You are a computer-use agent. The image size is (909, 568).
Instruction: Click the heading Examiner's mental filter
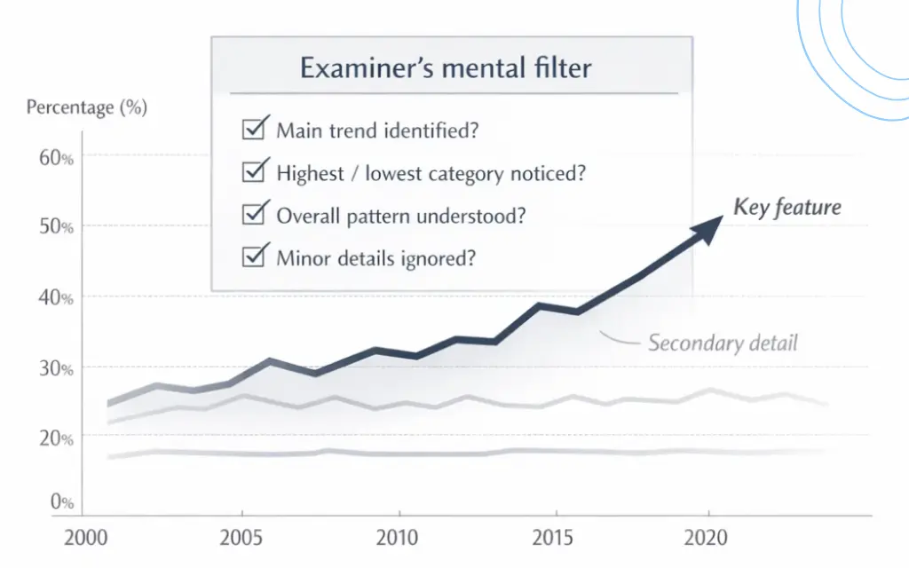446,67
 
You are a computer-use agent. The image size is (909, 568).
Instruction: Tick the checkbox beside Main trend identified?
253,130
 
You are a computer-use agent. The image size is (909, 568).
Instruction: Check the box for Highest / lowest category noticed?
253,171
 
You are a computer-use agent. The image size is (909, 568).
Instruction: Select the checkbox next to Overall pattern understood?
253,214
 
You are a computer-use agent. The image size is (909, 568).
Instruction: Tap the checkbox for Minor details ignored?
253,257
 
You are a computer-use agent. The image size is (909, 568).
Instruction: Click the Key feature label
786,208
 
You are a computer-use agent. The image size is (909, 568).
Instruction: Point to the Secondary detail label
723,343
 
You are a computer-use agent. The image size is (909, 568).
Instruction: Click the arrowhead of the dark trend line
706,225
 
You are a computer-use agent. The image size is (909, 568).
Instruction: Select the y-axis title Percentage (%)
86,108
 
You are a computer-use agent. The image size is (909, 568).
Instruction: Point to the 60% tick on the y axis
55,158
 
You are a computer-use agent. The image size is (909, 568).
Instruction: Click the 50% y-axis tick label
55,227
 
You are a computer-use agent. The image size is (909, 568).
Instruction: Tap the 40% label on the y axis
55,297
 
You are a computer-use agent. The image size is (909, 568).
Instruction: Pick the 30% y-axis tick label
55,367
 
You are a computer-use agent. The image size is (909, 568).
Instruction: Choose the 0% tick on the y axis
61,503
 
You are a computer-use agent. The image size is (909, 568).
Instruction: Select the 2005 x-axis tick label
241,538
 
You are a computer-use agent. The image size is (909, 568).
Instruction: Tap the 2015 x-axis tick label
556,538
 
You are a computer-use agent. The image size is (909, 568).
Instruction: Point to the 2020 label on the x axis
707,538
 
